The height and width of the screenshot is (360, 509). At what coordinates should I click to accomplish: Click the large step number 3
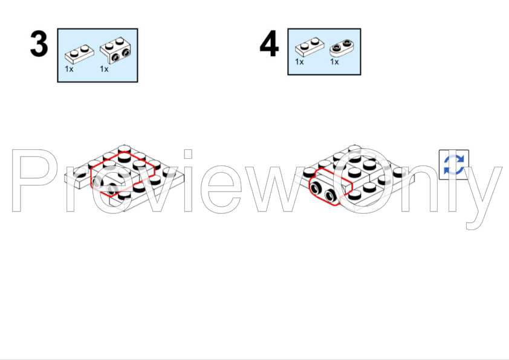pos(39,43)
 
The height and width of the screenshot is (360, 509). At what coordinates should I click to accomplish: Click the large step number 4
pos(269,43)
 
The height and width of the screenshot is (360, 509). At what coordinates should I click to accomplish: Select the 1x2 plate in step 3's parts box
pos(80,54)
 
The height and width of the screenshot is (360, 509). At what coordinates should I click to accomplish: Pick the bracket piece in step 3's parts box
pos(115,50)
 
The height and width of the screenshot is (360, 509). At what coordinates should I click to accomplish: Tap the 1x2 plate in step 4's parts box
pos(310,47)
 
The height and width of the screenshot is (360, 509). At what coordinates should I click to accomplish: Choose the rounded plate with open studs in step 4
pos(342,48)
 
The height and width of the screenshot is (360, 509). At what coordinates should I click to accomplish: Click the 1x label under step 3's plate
pos(69,69)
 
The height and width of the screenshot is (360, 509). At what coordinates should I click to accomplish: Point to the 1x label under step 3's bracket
pos(104,69)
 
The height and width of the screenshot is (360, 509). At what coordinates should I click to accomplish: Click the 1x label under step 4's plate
pos(299,62)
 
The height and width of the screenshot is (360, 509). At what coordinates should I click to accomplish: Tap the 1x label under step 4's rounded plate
pos(334,62)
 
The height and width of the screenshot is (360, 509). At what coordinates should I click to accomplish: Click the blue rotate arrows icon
pos(454,164)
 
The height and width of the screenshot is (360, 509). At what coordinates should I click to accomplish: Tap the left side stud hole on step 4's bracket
pos(316,188)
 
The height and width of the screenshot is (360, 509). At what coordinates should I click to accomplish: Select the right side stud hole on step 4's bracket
pos(331,195)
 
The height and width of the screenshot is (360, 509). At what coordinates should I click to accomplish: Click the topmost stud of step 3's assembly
pos(125,149)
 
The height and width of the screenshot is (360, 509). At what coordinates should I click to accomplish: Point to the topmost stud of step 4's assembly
pos(354,149)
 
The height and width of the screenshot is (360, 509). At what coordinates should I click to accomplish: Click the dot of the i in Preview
pos(188,154)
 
